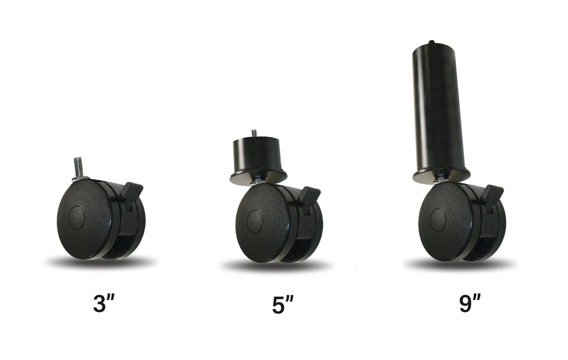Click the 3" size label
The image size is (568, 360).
(x=105, y=303)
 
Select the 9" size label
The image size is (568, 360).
(x=470, y=303)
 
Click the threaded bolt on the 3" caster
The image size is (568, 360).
(x=78, y=166)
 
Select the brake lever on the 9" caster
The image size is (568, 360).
(x=493, y=193)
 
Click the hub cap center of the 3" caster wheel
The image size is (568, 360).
(x=76, y=217)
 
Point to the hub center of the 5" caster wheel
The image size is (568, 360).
(x=255, y=221)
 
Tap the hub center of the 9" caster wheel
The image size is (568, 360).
(x=438, y=220)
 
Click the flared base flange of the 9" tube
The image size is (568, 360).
(x=441, y=175)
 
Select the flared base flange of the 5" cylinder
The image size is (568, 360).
(x=258, y=177)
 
